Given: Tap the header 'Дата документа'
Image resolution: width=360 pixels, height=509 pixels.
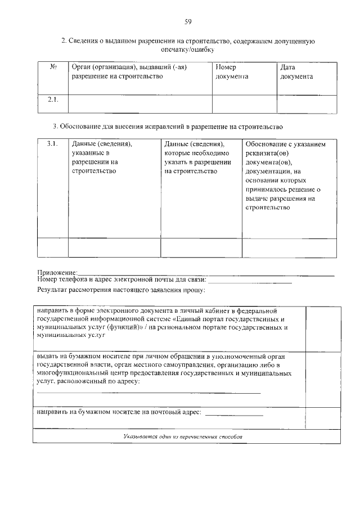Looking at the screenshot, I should [296, 72].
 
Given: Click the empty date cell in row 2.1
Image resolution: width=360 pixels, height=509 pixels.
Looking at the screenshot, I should [307, 103].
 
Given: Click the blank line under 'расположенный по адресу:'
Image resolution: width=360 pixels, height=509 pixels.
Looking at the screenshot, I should [149, 392].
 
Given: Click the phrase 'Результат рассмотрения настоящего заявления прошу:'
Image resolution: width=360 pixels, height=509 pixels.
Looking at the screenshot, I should [121, 290].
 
